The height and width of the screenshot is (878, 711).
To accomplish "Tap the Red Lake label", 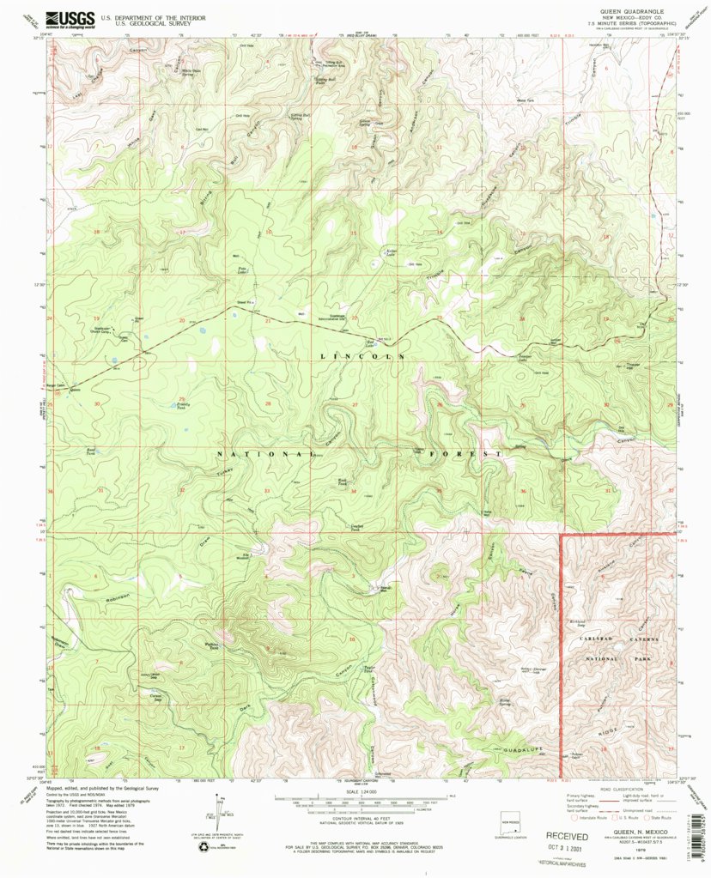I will click(372, 342).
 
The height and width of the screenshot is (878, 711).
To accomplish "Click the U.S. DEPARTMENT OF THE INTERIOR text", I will click(144, 17).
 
